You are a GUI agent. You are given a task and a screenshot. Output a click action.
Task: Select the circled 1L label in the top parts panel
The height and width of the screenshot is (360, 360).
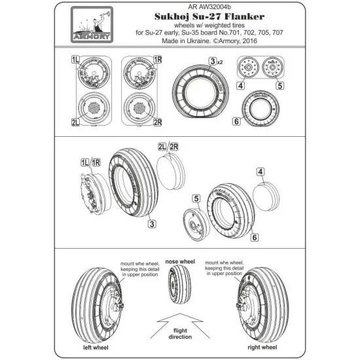[77, 59]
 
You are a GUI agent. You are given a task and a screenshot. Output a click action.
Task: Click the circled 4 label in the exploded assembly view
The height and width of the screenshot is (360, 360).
[260, 172]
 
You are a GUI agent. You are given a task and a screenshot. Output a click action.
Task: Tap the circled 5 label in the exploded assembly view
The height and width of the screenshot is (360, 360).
[196, 198]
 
